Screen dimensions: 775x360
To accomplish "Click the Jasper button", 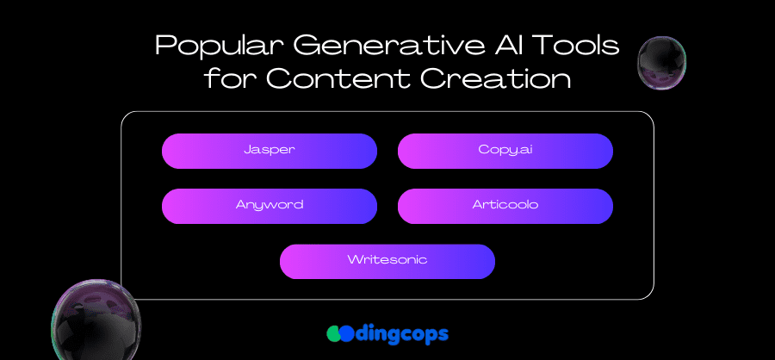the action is click(x=270, y=151).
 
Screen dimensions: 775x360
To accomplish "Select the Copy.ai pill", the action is click(x=505, y=151).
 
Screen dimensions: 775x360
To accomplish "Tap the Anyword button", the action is click(x=270, y=206).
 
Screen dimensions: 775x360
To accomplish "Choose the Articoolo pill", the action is click(x=505, y=206).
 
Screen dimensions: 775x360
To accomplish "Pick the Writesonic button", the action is click(x=387, y=261).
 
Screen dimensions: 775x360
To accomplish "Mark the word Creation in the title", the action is click(x=497, y=78).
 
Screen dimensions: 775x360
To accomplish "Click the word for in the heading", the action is click(x=232, y=78).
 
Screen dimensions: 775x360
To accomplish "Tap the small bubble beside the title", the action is click(x=662, y=63).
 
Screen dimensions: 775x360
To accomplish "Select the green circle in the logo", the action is click(x=335, y=334).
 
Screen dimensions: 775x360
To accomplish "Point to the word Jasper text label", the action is click(x=270, y=150).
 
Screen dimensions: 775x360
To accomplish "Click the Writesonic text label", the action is click(x=387, y=259).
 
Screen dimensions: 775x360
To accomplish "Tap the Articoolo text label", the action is click(x=505, y=204).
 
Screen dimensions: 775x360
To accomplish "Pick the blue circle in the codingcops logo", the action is click(x=347, y=334).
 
